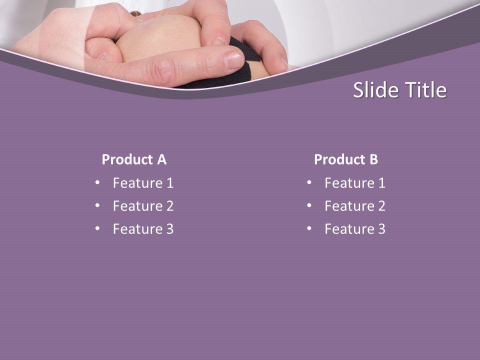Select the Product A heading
click(x=134, y=159)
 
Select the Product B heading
click(x=346, y=159)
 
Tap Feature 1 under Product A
click(x=143, y=183)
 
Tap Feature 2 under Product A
click(x=143, y=206)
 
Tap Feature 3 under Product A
click(x=143, y=229)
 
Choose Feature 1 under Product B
click(x=355, y=183)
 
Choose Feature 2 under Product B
click(x=355, y=206)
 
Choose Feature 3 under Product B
click(x=355, y=229)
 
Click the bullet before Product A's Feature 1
click(x=97, y=182)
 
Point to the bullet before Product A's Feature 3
click(x=97, y=228)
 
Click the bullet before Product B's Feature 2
click(x=309, y=205)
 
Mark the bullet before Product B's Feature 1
click(x=309, y=182)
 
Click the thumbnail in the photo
click(x=234, y=60)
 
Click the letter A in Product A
click(x=161, y=159)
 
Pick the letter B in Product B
click(x=373, y=159)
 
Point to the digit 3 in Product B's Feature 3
click(x=381, y=229)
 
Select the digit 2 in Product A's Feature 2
click(x=169, y=206)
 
